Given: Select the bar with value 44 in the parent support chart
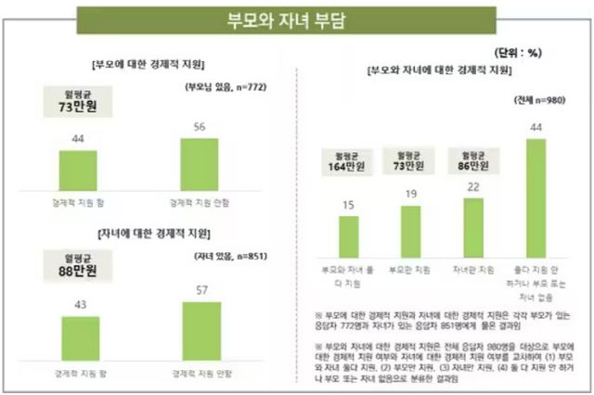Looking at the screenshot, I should point(78,169).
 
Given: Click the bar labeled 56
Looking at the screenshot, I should point(200,163).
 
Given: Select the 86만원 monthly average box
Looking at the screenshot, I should point(472,159).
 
